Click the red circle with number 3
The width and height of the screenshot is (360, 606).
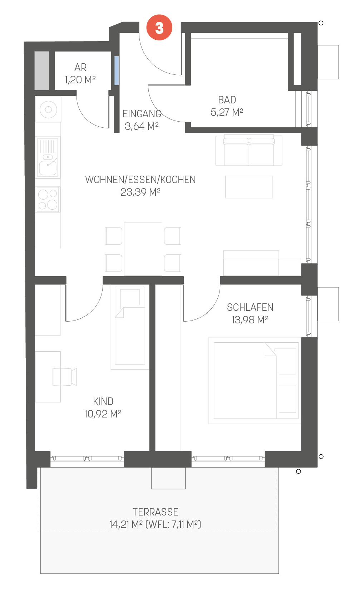click(x=159, y=28)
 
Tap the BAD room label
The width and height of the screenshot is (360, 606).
click(x=227, y=100)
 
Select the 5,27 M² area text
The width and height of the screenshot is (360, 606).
click(x=227, y=112)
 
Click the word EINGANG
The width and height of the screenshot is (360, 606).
click(x=142, y=114)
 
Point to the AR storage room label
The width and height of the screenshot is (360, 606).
click(x=80, y=67)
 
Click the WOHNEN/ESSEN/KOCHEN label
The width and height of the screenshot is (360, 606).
click(x=140, y=180)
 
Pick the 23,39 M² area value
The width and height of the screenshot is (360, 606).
click(x=140, y=192)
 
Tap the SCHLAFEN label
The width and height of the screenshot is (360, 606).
click(x=250, y=307)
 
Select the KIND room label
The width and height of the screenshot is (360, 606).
click(x=103, y=401)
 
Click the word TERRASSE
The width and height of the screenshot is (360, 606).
click(x=156, y=512)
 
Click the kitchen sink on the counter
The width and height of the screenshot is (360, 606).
click(x=48, y=157)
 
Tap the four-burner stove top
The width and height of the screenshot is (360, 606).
click(x=48, y=199)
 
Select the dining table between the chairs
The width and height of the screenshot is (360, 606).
click(x=143, y=249)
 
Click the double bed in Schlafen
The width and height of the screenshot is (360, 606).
click(x=255, y=380)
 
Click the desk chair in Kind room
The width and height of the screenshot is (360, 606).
click(x=65, y=377)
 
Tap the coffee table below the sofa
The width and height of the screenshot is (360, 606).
click(x=249, y=187)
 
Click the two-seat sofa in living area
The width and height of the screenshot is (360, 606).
click(x=249, y=150)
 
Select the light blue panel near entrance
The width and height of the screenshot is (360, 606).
click(x=117, y=70)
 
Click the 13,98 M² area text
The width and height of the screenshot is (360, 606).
click(x=250, y=320)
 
